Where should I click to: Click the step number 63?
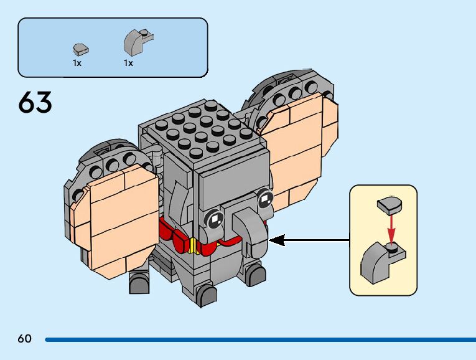click(x=35, y=103)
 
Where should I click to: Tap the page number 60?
click(x=25, y=339)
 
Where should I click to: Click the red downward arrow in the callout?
click(x=391, y=227)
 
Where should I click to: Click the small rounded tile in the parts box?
click(x=79, y=49)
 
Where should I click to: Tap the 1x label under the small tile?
click(x=77, y=63)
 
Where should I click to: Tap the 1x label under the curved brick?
click(x=128, y=63)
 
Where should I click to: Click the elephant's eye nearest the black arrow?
click(x=266, y=199)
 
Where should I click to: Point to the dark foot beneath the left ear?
click(x=139, y=283)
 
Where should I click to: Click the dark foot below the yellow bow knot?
click(x=206, y=295)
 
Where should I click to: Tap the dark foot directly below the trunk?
click(x=254, y=275)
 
